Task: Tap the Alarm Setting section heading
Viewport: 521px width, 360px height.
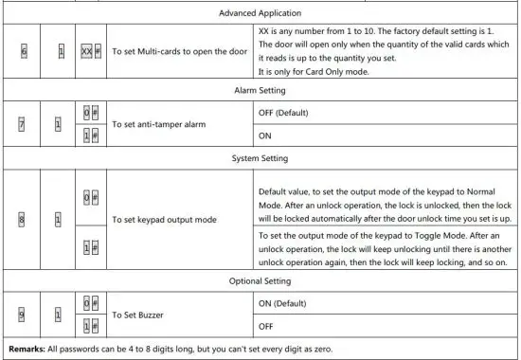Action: click(260, 89)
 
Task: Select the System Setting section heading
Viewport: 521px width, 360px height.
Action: click(260, 159)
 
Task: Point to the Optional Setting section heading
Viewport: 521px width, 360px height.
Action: click(260, 281)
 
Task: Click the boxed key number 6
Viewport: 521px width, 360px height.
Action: click(22, 47)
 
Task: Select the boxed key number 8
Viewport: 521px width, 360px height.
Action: click(22, 220)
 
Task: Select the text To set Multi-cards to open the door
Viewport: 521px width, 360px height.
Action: click(179, 47)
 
